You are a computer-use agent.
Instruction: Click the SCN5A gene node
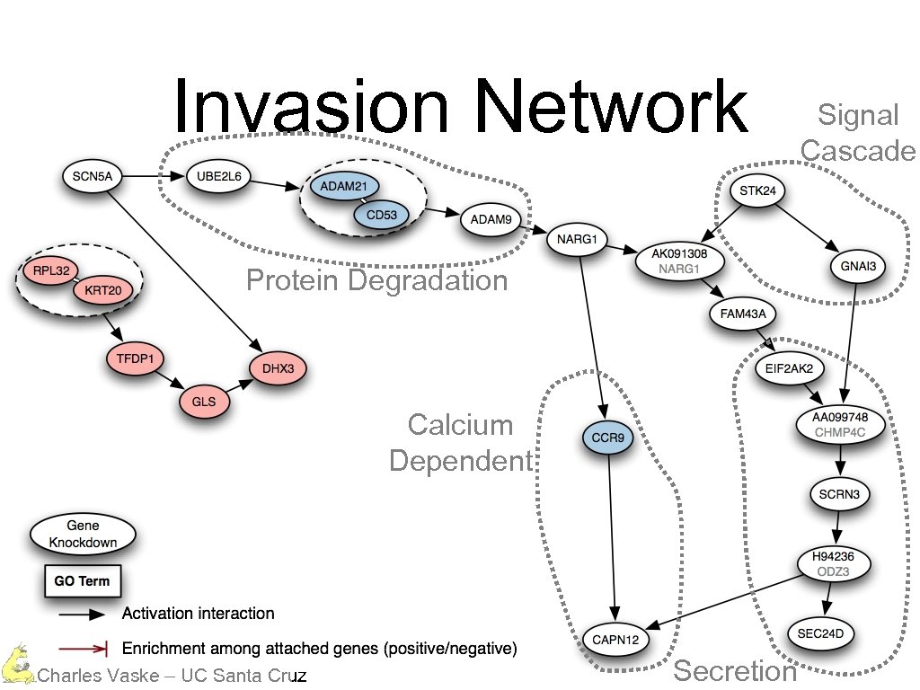[92, 177]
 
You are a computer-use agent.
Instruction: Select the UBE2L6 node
[218, 177]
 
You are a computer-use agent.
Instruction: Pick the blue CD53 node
[381, 215]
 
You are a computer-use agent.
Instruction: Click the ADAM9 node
[491, 218]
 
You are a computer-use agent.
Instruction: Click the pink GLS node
[204, 402]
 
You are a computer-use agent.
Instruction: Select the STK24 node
[757, 190]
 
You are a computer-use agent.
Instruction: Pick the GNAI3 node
[858, 266]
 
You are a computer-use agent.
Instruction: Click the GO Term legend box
[83, 581]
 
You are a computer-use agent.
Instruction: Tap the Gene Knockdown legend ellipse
[84, 535]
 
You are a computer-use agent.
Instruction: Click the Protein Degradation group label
[376, 281]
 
